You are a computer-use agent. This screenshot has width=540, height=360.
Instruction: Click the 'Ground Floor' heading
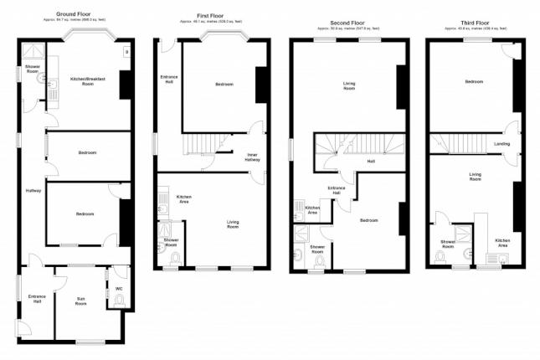pyautogui.click(x=73, y=14)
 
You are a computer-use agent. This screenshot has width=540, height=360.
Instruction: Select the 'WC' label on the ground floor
pyautogui.click(x=119, y=289)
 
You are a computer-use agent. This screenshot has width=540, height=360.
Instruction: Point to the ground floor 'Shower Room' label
pyautogui.click(x=33, y=68)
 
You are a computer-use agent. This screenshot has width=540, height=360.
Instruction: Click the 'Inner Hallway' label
pyautogui.click(x=252, y=157)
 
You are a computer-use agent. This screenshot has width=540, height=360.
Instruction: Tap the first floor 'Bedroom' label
pyautogui.click(x=224, y=85)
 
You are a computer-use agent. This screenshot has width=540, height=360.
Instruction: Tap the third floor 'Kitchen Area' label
pyautogui.click(x=503, y=242)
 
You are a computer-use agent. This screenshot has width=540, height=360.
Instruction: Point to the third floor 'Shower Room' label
pyautogui.click(x=448, y=244)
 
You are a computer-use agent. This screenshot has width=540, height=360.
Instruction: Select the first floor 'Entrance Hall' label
pyautogui.click(x=167, y=80)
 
